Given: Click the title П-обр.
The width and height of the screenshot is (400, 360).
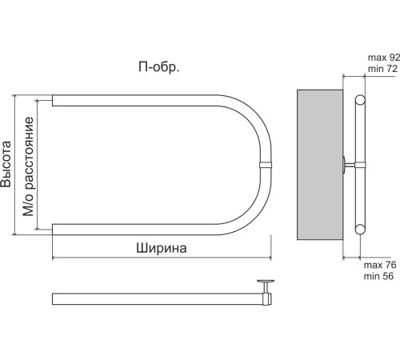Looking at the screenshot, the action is pyautogui.click(x=159, y=67).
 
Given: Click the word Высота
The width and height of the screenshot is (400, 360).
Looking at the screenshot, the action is pyautogui.click(x=6, y=164).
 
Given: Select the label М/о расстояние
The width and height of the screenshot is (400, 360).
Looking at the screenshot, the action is pyautogui.click(x=28, y=166).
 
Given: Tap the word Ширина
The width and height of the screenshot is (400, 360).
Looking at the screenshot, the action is pyautogui.click(x=162, y=248).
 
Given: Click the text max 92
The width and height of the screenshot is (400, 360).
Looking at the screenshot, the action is pyautogui.click(x=384, y=58).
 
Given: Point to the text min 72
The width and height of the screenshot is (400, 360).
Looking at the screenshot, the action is pyautogui.click(x=382, y=69).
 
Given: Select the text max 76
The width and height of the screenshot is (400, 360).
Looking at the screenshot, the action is pyautogui.click(x=380, y=265).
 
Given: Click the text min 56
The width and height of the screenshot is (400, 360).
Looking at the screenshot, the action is pyautogui.click(x=378, y=276).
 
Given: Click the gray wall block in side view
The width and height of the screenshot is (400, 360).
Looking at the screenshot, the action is pyautogui.click(x=320, y=165).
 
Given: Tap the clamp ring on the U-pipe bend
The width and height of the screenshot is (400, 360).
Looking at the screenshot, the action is pyautogui.click(x=266, y=165).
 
